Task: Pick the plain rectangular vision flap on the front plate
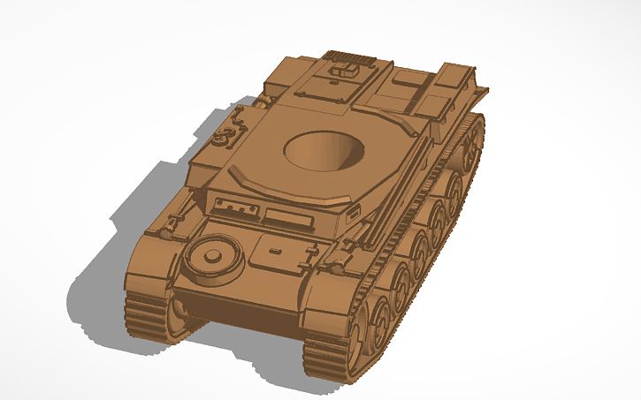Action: pos(286,217)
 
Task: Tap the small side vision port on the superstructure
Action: pos(353,213)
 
